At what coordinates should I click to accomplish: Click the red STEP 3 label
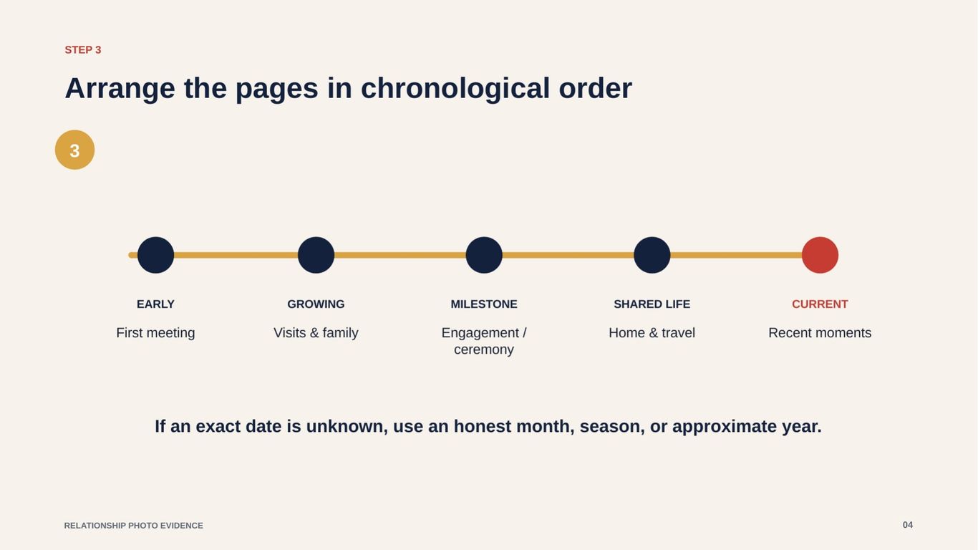tap(83, 50)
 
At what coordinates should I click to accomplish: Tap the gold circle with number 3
tap(74, 150)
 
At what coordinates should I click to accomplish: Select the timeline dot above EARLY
tap(155, 255)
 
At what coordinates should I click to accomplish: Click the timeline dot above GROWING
tap(316, 255)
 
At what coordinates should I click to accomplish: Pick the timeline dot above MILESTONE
tap(484, 255)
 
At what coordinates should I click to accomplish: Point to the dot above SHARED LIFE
tap(652, 255)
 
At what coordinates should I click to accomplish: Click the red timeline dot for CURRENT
tap(820, 255)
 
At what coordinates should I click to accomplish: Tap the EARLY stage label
tap(155, 304)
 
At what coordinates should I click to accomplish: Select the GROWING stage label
tap(316, 304)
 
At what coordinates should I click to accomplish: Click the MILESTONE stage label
tap(484, 304)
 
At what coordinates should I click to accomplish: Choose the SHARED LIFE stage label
tap(652, 304)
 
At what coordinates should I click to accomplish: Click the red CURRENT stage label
tap(820, 304)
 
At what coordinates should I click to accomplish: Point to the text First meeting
tap(155, 333)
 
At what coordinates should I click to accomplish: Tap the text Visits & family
tap(316, 333)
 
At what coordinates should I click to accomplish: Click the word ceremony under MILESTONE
tap(484, 349)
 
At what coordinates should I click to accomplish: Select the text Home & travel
tap(652, 333)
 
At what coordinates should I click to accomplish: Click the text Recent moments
tap(820, 333)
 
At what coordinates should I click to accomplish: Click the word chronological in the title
tap(455, 89)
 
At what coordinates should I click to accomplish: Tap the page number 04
tap(908, 525)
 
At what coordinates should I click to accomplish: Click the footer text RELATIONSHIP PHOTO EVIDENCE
tap(134, 526)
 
